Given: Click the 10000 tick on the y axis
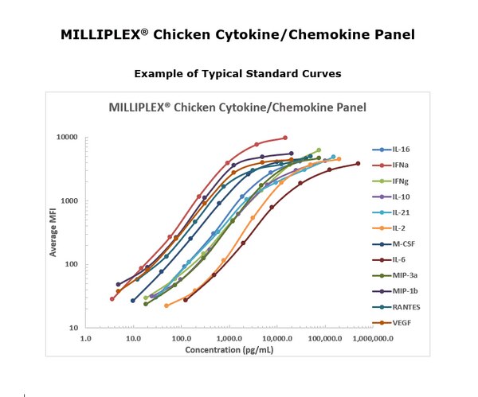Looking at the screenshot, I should [x=66, y=138].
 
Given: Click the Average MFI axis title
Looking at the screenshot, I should [x=53, y=232].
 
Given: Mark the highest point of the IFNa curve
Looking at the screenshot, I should [x=285, y=138].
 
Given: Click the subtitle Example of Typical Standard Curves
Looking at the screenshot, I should [x=237, y=73].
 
